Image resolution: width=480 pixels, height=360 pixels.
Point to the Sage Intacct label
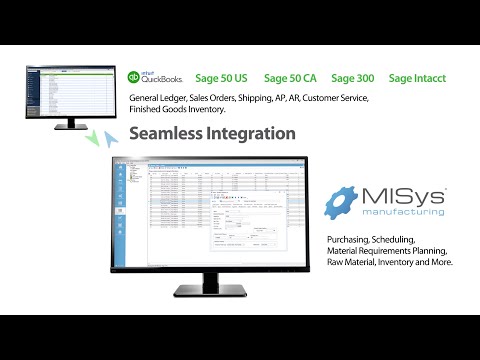(417, 77)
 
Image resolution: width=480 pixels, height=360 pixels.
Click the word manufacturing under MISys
(404, 214)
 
